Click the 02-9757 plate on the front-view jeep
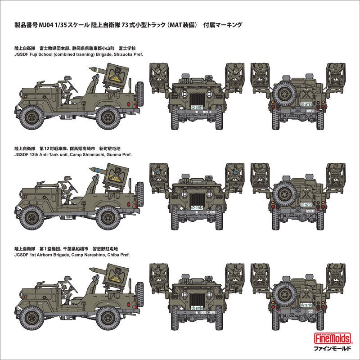click(x=197, y=108)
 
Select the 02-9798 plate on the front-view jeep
click(x=197, y=307)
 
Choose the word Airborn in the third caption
click(x=48, y=255)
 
